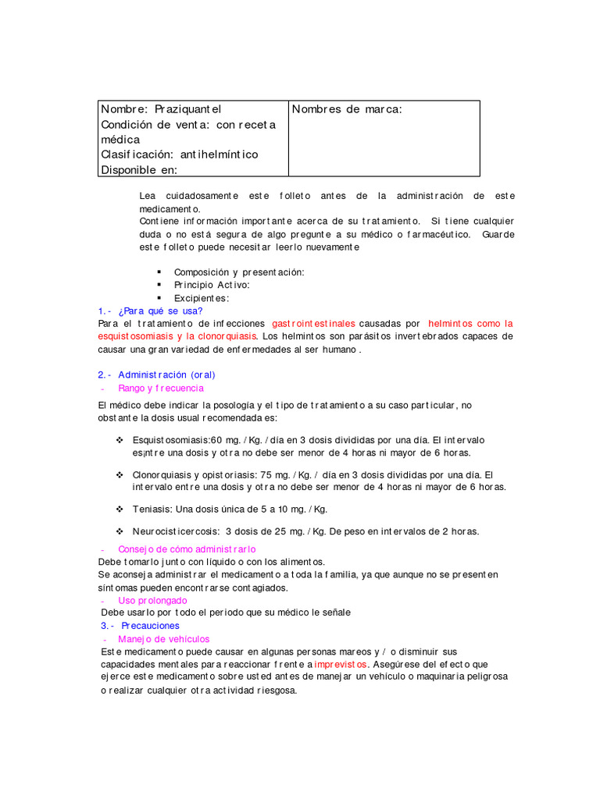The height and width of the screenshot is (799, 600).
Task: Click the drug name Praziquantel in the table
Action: click(188, 109)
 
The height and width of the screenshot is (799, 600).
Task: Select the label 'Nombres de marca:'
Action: click(347, 109)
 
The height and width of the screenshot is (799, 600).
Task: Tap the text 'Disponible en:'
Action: click(139, 169)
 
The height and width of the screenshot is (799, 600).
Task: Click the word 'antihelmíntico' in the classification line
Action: click(219, 154)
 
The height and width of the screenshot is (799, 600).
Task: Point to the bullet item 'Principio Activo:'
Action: click(212, 285)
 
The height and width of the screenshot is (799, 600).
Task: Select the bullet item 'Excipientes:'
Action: click(202, 298)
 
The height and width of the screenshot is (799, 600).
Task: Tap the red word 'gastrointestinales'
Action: click(313, 323)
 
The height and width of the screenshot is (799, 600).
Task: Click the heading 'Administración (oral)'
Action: click(166, 375)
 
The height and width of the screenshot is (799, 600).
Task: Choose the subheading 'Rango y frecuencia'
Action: click(161, 388)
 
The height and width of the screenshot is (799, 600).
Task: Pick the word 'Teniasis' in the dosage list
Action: click(152, 509)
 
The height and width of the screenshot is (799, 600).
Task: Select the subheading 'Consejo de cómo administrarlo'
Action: click(187, 549)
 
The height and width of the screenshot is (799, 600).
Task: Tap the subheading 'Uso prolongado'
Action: click(152, 600)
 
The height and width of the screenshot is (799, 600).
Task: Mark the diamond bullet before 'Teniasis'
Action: click(120, 509)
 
